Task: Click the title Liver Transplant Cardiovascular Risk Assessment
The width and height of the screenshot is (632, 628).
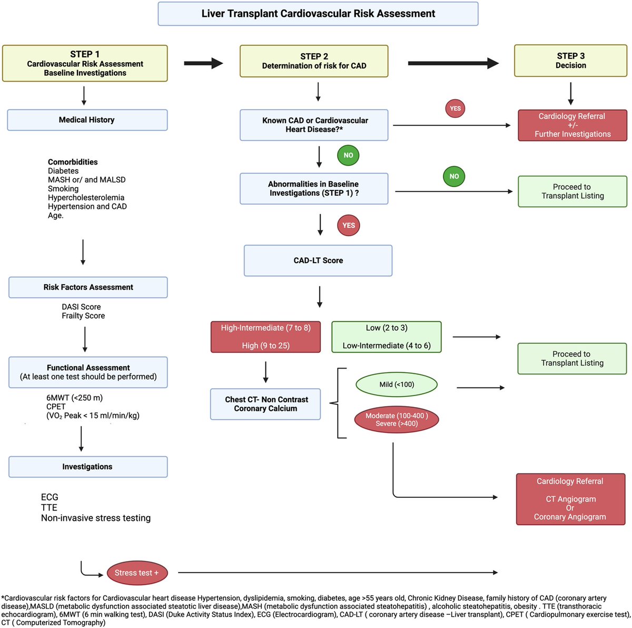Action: coord(318,14)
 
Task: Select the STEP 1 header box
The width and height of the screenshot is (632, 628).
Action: coord(85,63)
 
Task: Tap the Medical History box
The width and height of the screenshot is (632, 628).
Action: coord(87,120)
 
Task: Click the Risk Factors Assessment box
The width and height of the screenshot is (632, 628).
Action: coord(88,287)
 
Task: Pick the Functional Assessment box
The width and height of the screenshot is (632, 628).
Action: coord(88,372)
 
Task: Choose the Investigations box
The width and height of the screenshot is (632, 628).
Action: coord(87,467)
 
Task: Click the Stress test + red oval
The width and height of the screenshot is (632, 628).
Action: coord(137,573)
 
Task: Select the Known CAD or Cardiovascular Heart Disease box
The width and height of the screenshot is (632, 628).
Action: coord(314,125)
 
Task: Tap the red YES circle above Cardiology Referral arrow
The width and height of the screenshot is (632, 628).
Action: coord(455,109)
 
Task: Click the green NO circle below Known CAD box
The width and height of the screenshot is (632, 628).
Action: coord(348,155)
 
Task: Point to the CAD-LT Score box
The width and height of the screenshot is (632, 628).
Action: coord(318,260)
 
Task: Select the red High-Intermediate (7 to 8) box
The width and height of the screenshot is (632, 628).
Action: coord(265,336)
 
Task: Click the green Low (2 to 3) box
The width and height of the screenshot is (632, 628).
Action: coord(387,336)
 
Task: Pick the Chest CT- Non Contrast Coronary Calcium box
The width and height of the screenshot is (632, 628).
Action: coord(265,404)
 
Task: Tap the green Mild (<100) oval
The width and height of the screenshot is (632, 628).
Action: coord(397,384)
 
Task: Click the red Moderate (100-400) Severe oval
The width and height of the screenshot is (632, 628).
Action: coord(397,419)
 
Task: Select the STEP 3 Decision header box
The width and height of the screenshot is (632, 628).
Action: coord(570,61)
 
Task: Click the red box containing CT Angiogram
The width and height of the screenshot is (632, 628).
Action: coord(570,499)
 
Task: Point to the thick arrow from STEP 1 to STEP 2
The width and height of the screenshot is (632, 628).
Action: coord(203,63)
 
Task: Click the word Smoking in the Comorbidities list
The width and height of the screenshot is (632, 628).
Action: coord(63,189)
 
